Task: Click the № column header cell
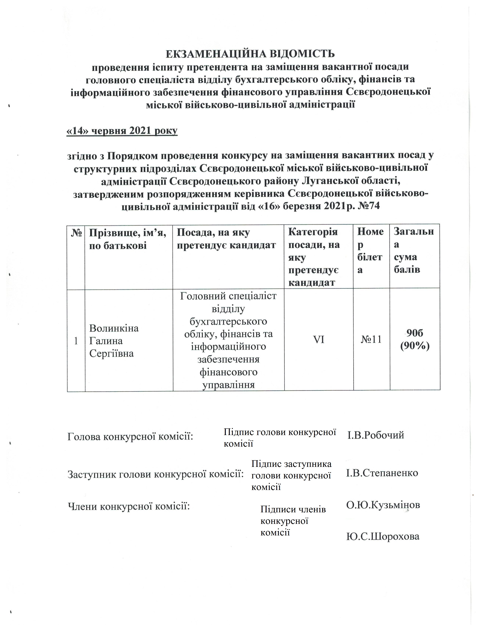coord(76,233)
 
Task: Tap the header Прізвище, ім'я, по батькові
coord(128,239)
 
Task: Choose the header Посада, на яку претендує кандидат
coord(226,239)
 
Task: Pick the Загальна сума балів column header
coord(413,250)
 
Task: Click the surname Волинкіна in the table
coord(114,328)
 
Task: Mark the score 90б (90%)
coord(415,340)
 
